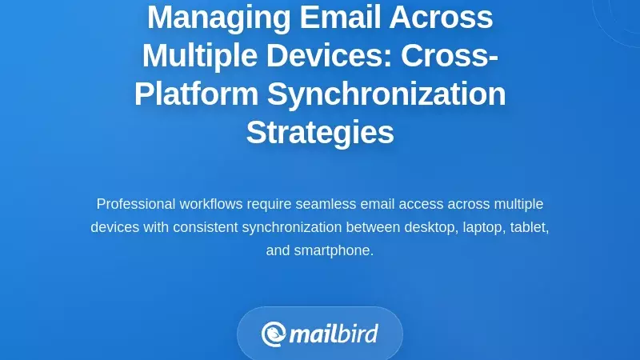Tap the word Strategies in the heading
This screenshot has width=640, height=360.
(x=320, y=132)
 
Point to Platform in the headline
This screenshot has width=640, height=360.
(x=197, y=94)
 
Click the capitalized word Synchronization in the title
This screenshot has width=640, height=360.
(x=386, y=94)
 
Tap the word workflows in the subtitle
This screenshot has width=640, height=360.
(x=209, y=204)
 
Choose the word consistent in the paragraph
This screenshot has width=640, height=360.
(x=204, y=227)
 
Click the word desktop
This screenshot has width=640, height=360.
(x=429, y=227)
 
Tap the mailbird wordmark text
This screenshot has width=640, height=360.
(x=334, y=333)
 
